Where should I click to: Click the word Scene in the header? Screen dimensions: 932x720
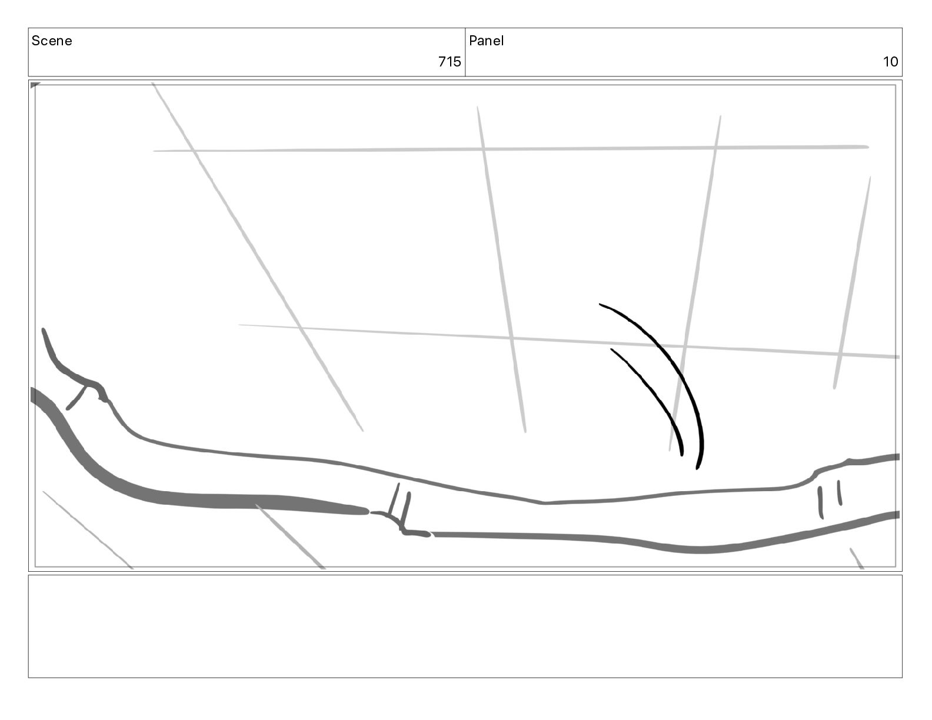51,41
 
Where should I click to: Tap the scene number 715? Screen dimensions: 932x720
449,62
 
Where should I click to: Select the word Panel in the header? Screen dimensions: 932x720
486,41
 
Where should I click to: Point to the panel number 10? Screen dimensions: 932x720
890,62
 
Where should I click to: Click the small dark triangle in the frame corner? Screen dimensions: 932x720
34,85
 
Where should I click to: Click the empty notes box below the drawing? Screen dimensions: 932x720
465,626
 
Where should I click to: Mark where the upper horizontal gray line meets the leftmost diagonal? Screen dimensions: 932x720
192,151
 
